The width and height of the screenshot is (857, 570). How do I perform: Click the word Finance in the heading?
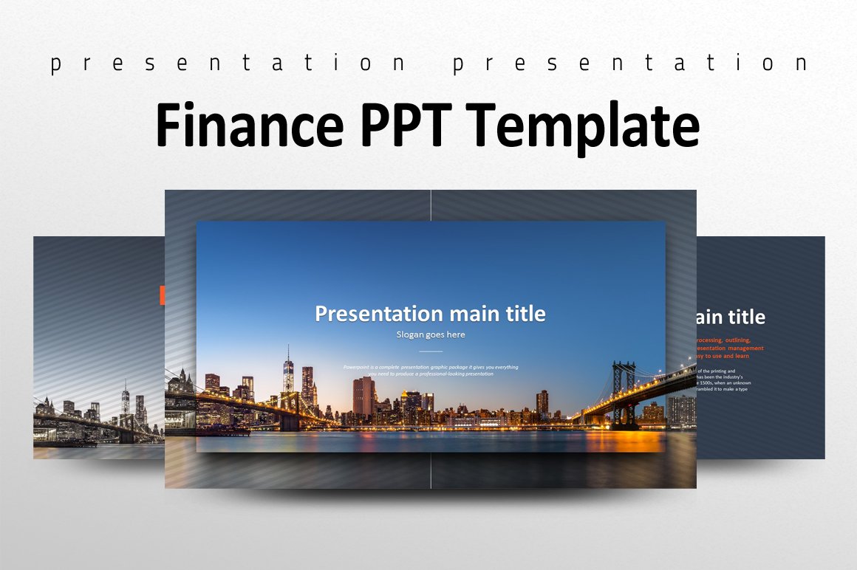pyautogui.click(x=250, y=126)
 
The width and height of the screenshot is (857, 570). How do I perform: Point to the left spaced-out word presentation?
pyautogui.click(x=229, y=64)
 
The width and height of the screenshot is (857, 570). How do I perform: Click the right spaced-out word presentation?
pyautogui.click(x=630, y=64)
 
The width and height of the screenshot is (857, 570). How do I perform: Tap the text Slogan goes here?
pyautogui.click(x=431, y=334)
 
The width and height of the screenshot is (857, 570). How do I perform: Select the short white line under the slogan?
pyautogui.click(x=431, y=351)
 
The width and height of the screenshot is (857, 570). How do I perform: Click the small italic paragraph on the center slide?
pyautogui.click(x=431, y=371)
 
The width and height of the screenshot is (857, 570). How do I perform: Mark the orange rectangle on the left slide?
pyautogui.click(x=162, y=295)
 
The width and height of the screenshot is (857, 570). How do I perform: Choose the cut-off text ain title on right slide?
pyautogui.click(x=730, y=317)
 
